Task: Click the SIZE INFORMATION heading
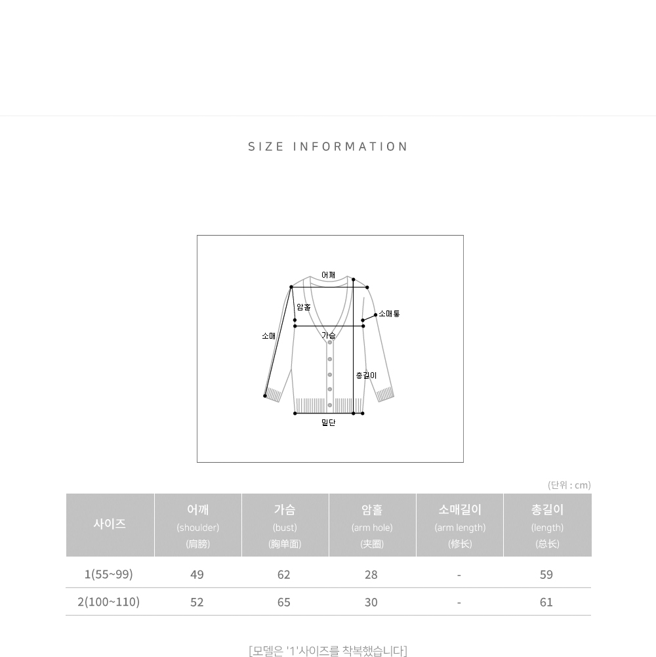point(328,146)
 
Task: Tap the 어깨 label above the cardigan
point(329,275)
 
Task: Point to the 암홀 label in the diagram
point(304,307)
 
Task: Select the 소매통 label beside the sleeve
point(389,314)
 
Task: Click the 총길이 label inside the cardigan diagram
point(366,375)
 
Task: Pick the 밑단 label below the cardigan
point(329,423)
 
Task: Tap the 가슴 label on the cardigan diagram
point(329,335)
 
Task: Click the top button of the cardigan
point(330,343)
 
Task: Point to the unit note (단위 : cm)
point(569,485)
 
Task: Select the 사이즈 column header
point(110,524)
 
